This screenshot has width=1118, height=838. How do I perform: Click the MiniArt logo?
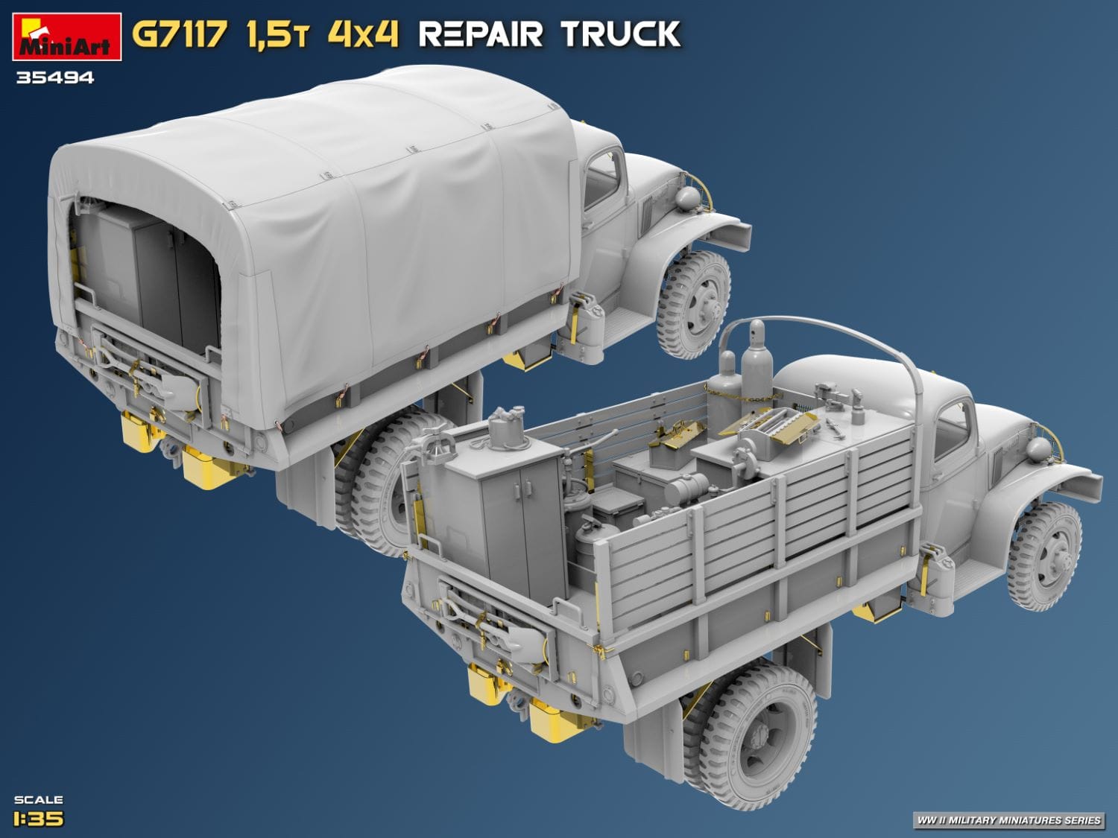pyautogui.click(x=66, y=37)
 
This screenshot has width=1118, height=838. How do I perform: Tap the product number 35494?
pyautogui.click(x=55, y=77)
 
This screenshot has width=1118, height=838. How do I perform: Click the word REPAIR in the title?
pyautogui.click(x=481, y=35)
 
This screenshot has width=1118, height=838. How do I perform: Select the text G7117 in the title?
pyautogui.click(x=179, y=35)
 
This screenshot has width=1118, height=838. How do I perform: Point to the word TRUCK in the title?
pyautogui.click(x=620, y=35)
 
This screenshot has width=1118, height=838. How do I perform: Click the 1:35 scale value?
pyautogui.click(x=38, y=819)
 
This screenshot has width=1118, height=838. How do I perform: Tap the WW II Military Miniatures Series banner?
pyautogui.click(x=1008, y=820)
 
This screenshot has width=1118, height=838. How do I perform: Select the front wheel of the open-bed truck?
pyautogui.click(x=1043, y=555)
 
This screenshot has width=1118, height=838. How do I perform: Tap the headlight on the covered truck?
pyautogui.click(x=688, y=197)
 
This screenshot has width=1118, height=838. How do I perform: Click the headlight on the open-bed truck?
pyautogui.click(x=1038, y=448)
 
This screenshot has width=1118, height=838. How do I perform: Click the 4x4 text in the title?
pyautogui.click(x=363, y=35)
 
